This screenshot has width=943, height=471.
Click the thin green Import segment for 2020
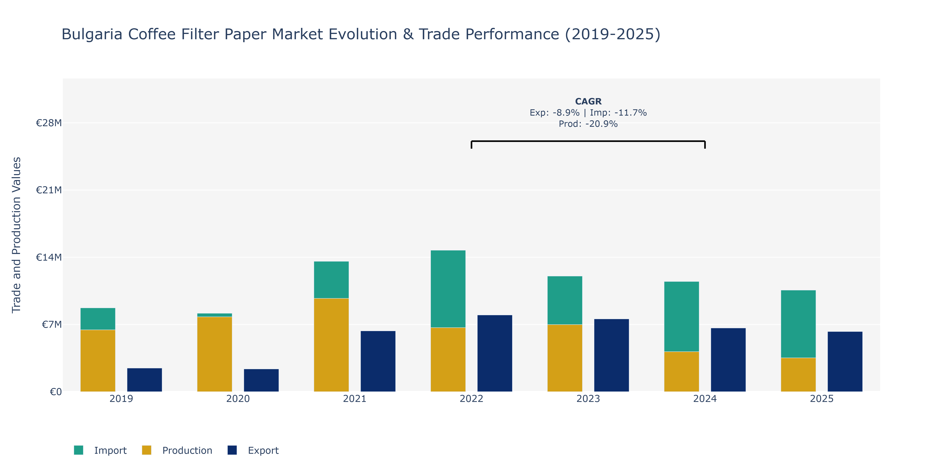coord(215,315)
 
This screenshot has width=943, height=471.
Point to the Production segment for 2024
coord(681,372)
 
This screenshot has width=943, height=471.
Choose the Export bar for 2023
coord(611,355)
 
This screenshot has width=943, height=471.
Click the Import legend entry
coord(100,450)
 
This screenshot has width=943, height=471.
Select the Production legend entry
coord(177,450)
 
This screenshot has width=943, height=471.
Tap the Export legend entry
coord(253,450)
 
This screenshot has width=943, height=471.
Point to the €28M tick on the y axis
coord(49,123)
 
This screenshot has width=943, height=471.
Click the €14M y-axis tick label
coord(49,257)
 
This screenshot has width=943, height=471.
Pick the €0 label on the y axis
coord(56,392)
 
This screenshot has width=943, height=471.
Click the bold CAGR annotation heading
coord(588,101)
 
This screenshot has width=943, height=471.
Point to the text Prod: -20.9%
coord(588,124)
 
